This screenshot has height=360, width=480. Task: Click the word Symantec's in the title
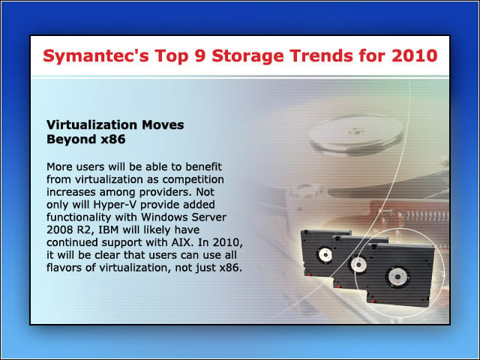click(x=96, y=55)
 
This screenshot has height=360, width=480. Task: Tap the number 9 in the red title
click(x=200, y=55)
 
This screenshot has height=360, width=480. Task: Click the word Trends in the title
click(x=321, y=55)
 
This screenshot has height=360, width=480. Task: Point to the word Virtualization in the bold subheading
click(x=91, y=125)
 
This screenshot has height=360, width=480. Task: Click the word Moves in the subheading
click(x=163, y=125)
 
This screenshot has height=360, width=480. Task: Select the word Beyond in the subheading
click(x=71, y=139)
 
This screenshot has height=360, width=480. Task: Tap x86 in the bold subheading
click(x=113, y=139)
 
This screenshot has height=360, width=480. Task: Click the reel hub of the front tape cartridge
click(x=398, y=277)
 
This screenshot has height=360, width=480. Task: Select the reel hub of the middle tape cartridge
click(x=358, y=264)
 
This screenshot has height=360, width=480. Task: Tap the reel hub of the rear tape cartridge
click(x=325, y=255)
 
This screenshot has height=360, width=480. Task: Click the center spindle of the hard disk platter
click(x=355, y=131)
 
